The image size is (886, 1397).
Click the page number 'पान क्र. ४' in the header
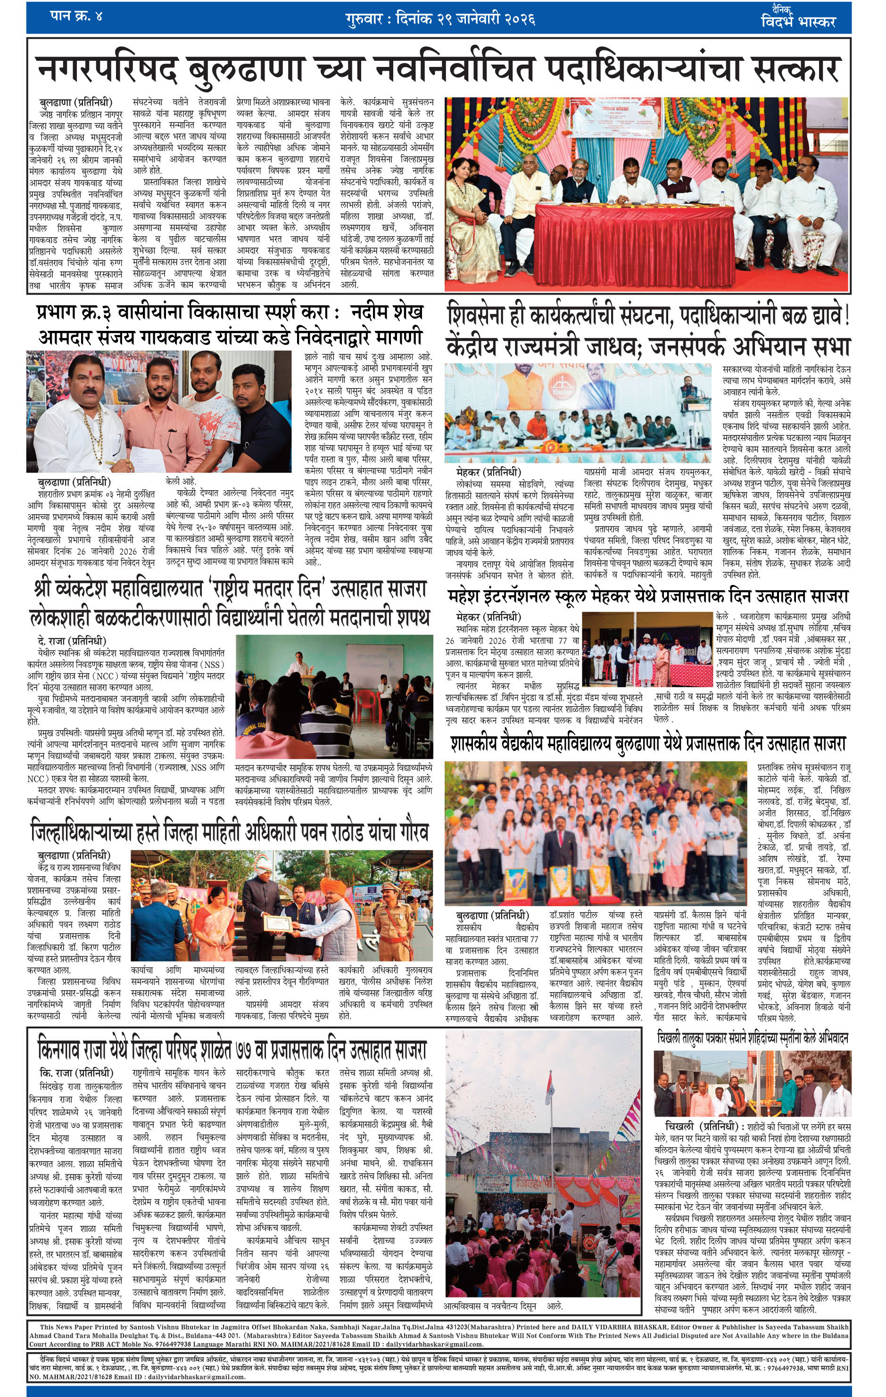(x=76, y=16)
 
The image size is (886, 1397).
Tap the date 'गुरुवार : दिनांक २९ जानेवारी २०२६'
(x=439, y=19)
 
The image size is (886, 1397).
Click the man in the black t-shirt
(x=261, y=418)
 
